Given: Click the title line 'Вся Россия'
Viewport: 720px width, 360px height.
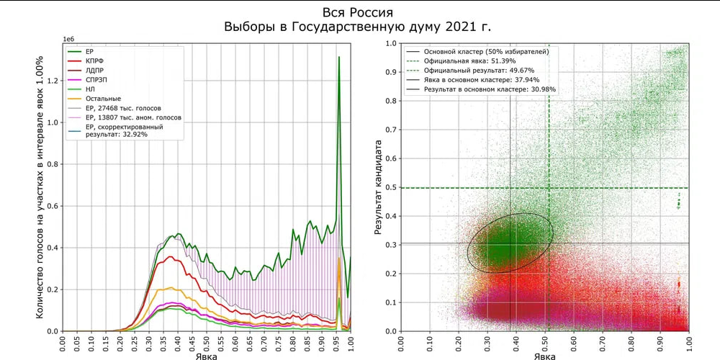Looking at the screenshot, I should coord(359,12).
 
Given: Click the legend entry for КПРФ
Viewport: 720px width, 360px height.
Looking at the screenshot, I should coord(96,62).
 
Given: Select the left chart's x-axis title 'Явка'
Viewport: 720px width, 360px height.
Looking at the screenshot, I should coord(207,356).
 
